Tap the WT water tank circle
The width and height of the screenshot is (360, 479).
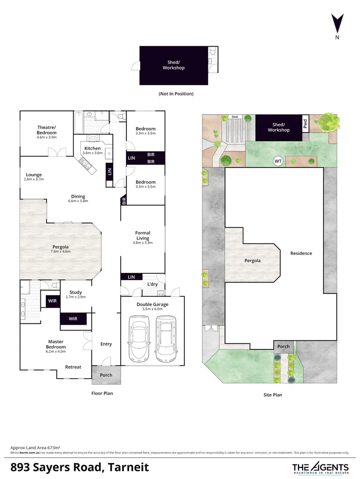pos(279,161)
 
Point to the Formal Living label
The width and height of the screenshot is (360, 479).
pos(142,236)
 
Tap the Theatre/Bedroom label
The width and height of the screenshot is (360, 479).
pos(47,130)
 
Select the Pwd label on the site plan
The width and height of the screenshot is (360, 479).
pos(305,124)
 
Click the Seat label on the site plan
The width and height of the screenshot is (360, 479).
pos(235,117)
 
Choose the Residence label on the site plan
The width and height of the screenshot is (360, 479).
pos(301,253)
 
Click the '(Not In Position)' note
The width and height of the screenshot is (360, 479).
pos(176,94)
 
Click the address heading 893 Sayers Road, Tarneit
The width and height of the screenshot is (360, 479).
pos(79,467)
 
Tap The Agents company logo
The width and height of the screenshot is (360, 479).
pos(320,467)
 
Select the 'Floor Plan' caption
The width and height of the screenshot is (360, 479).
pos(102,393)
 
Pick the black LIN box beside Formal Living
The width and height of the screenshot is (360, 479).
pos(131,277)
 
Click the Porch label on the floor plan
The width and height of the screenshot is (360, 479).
pos(106,375)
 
